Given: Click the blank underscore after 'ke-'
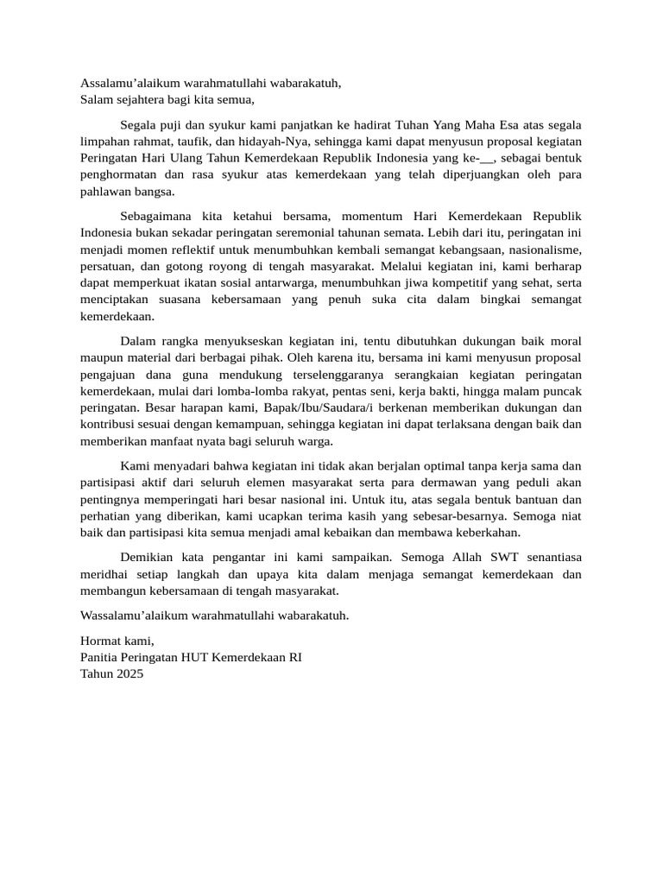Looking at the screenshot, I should point(487,158).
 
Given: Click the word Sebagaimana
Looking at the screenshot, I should point(156,215).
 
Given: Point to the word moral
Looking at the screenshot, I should point(565,339).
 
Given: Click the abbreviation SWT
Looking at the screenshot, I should point(510,558).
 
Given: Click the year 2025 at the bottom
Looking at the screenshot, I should point(128,673).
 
